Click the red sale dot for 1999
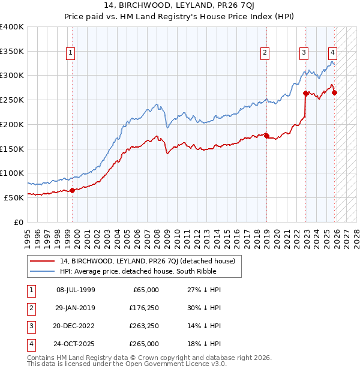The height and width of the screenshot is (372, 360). tap(72, 190)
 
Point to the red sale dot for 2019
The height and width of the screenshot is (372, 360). tap(266, 136)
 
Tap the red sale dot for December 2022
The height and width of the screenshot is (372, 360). tap(305, 93)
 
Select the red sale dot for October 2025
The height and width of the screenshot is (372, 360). tap(334, 92)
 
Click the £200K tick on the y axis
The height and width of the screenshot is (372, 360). tap(12, 124)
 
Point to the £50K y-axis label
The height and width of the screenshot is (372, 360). tap(14, 197)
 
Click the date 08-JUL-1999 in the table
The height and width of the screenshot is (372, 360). tap(76, 290)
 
